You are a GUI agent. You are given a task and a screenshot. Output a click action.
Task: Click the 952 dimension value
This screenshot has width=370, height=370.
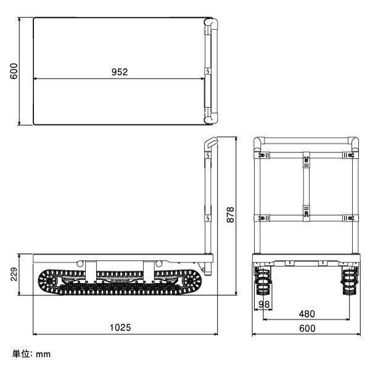(x=120, y=72)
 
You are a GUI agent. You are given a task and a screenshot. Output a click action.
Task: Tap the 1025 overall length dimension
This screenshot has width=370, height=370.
(x=120, y=327)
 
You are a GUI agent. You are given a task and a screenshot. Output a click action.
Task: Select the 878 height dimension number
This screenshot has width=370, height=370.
(x=230, y=215)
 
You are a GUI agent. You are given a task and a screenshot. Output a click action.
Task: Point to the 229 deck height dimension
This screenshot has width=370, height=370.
(x=14, y=274)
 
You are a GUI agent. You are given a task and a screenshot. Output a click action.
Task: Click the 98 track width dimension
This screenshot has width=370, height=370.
(x=264, y=305)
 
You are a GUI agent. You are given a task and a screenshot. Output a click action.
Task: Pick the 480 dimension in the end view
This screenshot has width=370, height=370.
(x=306, y=314)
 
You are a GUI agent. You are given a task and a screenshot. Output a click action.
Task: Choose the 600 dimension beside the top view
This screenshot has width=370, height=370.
(x=14, y=72)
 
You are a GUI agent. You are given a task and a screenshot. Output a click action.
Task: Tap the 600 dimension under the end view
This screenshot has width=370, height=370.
(x=307, y=328)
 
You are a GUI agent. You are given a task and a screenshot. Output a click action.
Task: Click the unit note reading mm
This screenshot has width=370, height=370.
(x=43, y=355)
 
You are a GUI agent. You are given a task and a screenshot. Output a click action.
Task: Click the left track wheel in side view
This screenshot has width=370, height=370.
(x=49, y=281)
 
